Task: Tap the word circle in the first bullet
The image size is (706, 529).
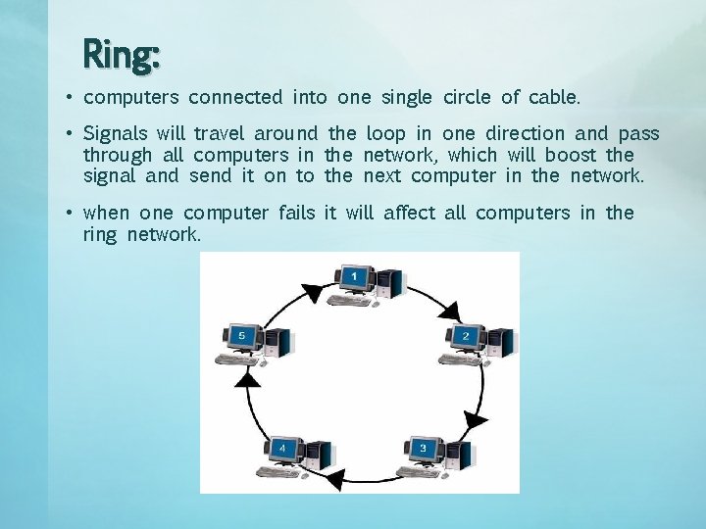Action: pyautogui.click(x=467, y=97)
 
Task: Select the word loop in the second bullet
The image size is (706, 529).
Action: pyautogui.click(x=385, y=134)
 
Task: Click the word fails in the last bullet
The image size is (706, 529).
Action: pyautogui.click(x=296, y=213)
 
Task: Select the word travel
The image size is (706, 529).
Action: pyautogui.click(x=221, y=133)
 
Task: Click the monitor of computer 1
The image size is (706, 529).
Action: pyautogui.click(x=354, y=278)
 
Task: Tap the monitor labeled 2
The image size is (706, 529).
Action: pyautogui.click(x=465, y=337)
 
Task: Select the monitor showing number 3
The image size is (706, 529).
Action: pyautogui.click(x=423, y=449)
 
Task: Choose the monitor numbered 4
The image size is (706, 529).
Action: pyautogui.click(x=283, y=449)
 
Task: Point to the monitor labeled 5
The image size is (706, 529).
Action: pyautogui.click(x=241, y=337)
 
